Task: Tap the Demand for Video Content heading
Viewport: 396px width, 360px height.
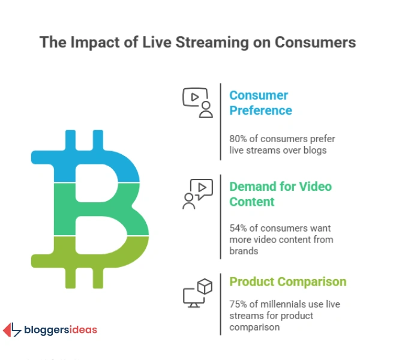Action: tap(280, 194)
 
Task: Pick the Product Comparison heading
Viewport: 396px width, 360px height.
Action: tap(288, 281)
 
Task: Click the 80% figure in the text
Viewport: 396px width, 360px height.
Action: tap(239, 139)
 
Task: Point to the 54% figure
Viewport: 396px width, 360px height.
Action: tap(239, 229)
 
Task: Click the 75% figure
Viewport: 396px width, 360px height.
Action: tap(239, 304)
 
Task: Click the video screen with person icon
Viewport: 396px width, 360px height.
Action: tap(197, 102)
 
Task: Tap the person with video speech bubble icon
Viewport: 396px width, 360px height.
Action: tap(197, 193)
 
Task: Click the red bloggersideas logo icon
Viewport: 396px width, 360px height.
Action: tap(12, 329)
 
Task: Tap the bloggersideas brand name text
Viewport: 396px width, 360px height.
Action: tap(60, 330)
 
